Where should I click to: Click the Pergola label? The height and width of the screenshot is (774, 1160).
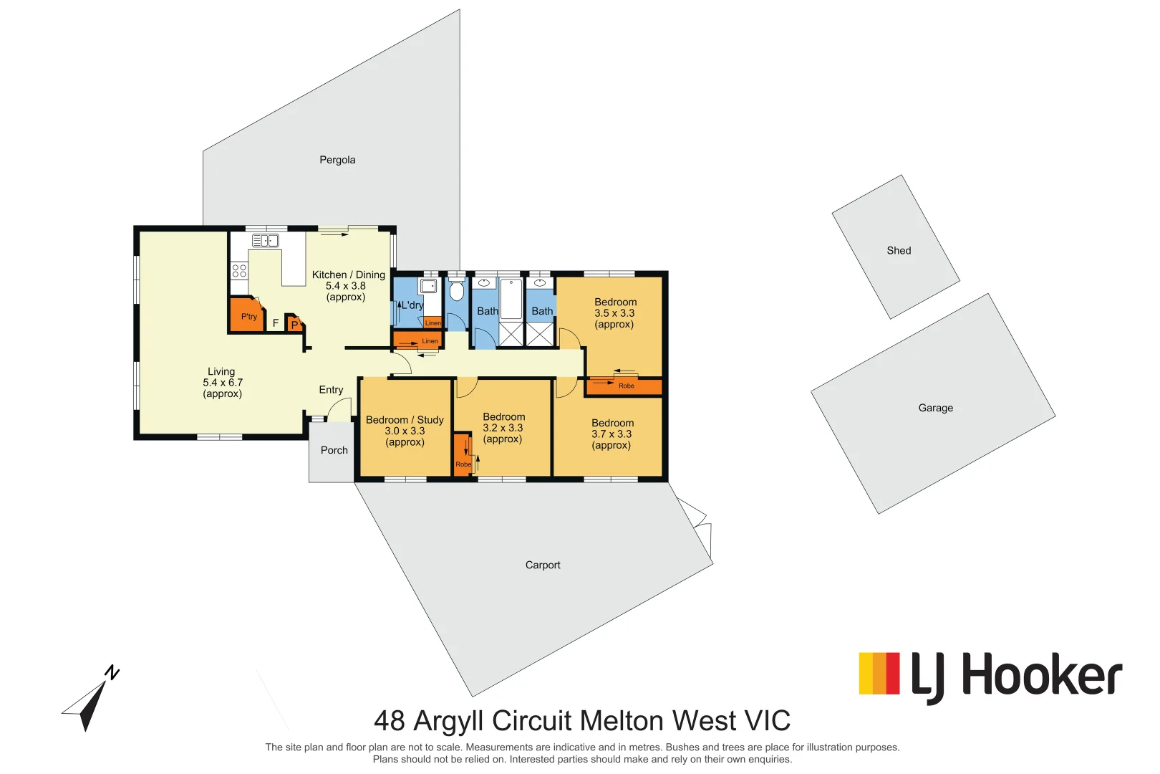337,160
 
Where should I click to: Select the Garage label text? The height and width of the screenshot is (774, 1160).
935,408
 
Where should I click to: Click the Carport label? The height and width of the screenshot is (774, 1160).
543,565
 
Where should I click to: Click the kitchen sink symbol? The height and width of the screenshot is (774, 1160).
265,241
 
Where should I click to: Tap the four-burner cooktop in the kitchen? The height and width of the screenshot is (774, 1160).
239,270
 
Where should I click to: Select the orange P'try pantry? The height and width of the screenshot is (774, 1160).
248,316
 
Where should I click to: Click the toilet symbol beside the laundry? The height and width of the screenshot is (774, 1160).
456,291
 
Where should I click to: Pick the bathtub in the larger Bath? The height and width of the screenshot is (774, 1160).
511,299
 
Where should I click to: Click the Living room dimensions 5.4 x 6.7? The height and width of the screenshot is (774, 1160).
222,383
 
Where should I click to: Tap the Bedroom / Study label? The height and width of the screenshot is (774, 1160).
405,420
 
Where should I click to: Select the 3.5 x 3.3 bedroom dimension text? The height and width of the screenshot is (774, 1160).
614,313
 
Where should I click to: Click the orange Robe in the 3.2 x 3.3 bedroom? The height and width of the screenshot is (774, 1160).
463,455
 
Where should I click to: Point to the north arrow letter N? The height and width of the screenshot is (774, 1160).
112,672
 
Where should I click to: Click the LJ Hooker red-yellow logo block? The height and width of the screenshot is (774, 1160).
879,674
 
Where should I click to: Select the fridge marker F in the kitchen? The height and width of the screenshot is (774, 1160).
275,323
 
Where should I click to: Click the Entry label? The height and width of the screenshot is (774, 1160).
331,390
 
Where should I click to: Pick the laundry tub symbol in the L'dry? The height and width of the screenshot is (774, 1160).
428,286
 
